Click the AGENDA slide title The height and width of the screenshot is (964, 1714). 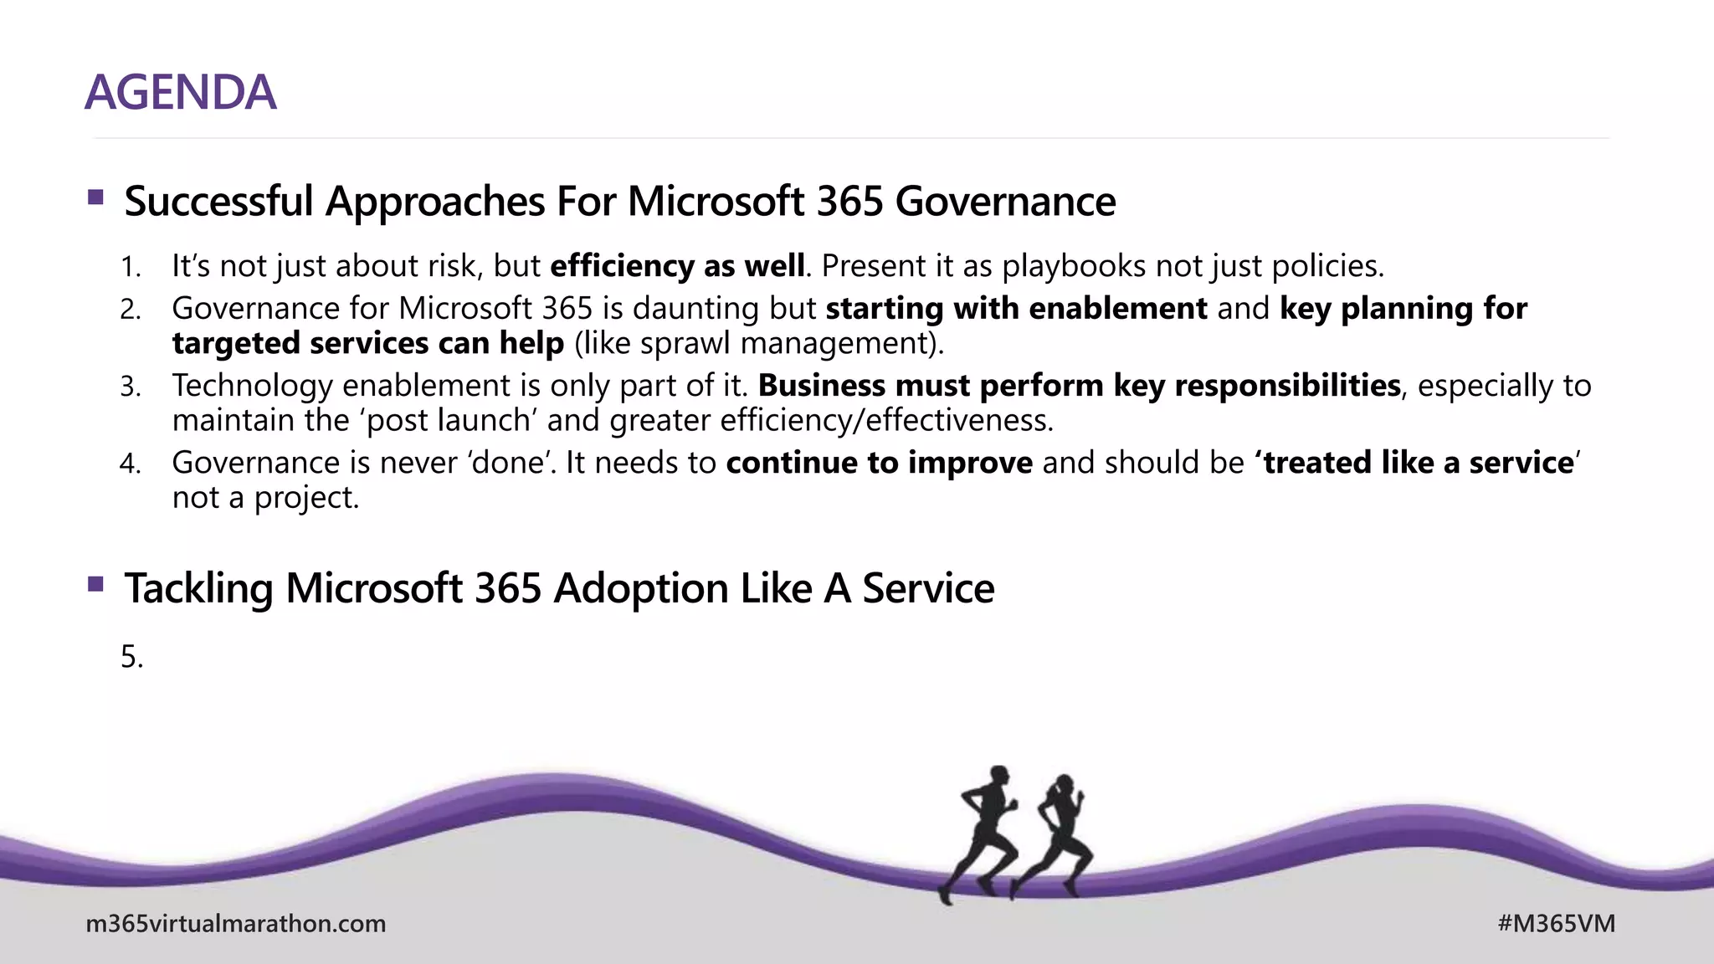[180, 92]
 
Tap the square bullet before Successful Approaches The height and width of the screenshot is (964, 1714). [95, 198]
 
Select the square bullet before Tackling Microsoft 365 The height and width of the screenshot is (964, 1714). [95, 584]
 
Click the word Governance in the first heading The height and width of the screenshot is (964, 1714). [1005, 202]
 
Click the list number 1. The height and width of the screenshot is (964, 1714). [130, 267]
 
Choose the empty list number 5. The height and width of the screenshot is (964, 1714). [131, 658]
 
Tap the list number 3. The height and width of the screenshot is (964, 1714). [130, 387]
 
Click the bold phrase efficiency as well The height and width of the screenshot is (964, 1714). [677, 266]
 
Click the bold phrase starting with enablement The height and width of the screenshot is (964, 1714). [1016, 309]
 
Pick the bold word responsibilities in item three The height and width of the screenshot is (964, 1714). [1287, 386]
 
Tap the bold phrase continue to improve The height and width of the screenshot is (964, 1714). [879, 463]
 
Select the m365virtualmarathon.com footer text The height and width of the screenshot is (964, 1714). [236, 924]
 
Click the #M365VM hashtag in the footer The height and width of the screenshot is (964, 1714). [1556, 924]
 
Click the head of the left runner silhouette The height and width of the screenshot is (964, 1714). [998, 776]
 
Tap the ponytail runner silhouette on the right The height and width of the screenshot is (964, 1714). [1059, 837]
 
